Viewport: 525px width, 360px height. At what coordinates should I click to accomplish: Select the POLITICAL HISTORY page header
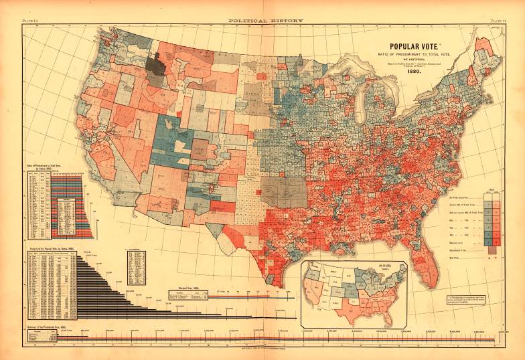(265, 21)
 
